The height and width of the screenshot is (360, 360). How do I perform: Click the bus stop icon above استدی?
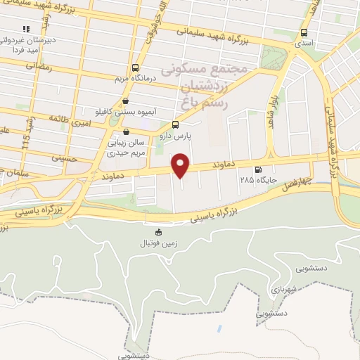(x=304, y=33)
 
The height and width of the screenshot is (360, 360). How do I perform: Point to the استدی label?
(x=304, y=44)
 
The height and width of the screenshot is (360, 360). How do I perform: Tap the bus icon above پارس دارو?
(x=185, y=125)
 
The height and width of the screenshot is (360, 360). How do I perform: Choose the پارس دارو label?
(x=185, y=136)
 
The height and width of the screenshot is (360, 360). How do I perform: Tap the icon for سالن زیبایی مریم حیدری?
(x=126, y=131)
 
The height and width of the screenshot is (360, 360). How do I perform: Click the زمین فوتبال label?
(x=157, y=243)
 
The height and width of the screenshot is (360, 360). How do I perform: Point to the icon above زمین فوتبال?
(x=157, y=233)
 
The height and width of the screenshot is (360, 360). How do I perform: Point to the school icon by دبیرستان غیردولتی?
(x=25, y=29)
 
